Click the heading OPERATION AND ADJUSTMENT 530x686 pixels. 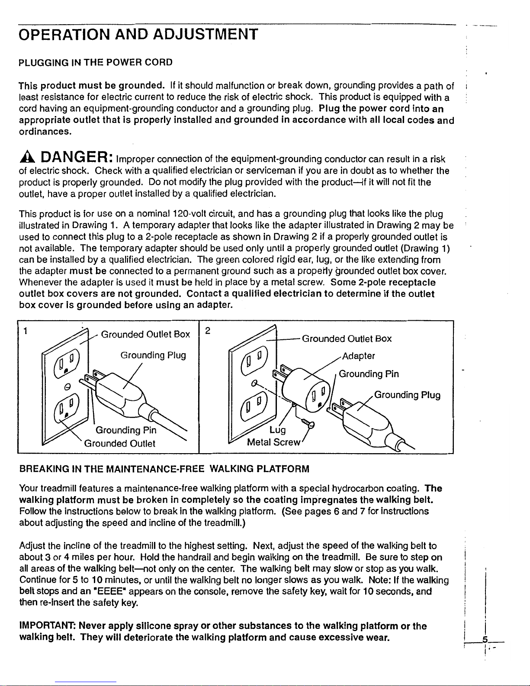(138, 34)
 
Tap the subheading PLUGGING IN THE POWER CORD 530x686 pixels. (96, 62)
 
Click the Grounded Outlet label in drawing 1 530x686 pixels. (119, 443)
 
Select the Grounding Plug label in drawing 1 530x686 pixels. (153, 355)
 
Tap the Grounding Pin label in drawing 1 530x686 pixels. (125, 430)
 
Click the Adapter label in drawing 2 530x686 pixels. (358, 356)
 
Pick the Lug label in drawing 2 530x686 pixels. (277, 429)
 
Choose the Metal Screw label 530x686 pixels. (273, 442)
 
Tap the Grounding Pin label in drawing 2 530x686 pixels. (369, 374)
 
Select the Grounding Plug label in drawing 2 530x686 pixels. (407, 395)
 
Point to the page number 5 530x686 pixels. (485, 639)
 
